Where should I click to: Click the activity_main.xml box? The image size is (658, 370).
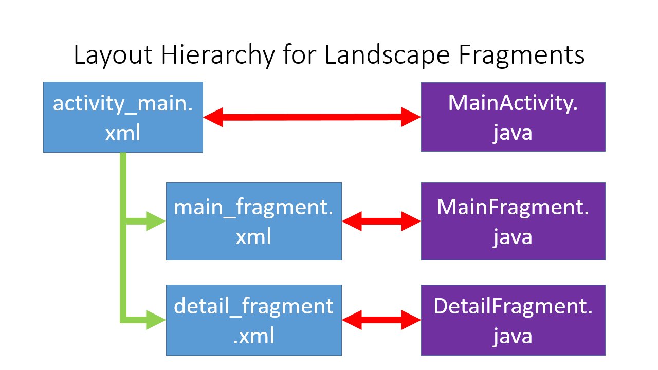pos(123,117)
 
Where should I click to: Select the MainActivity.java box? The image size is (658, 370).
pos(513,117)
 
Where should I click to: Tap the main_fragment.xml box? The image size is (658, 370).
pos(254,221)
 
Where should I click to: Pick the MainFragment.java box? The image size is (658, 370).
pos(513,221)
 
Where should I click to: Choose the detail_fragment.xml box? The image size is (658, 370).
pos(254,320)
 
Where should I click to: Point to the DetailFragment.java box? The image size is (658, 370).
pos(513,320)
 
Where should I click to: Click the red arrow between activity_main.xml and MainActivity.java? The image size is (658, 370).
pos(312,117)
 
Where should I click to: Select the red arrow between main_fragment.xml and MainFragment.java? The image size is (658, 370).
pos(381,221)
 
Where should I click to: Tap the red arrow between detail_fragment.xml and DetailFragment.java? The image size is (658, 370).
pos(381,320)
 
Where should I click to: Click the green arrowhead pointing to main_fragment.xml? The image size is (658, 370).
pos(155,221)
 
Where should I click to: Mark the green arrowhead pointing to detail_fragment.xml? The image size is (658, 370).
pos(155,320)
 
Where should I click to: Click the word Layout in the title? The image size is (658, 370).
pos(114,55)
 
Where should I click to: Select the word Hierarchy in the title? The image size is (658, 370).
pos(218,55)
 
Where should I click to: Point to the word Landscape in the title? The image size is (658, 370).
pos(387,55)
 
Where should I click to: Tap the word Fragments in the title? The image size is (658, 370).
pos(522,55)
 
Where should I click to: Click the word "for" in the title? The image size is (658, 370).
pos(300,55)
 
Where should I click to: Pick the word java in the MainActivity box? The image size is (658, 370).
pos(513,134)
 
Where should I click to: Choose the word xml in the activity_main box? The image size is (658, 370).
pos(123,133)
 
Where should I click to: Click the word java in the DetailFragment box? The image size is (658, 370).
pos(513,337)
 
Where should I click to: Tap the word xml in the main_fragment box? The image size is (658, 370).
pos(253,237)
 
